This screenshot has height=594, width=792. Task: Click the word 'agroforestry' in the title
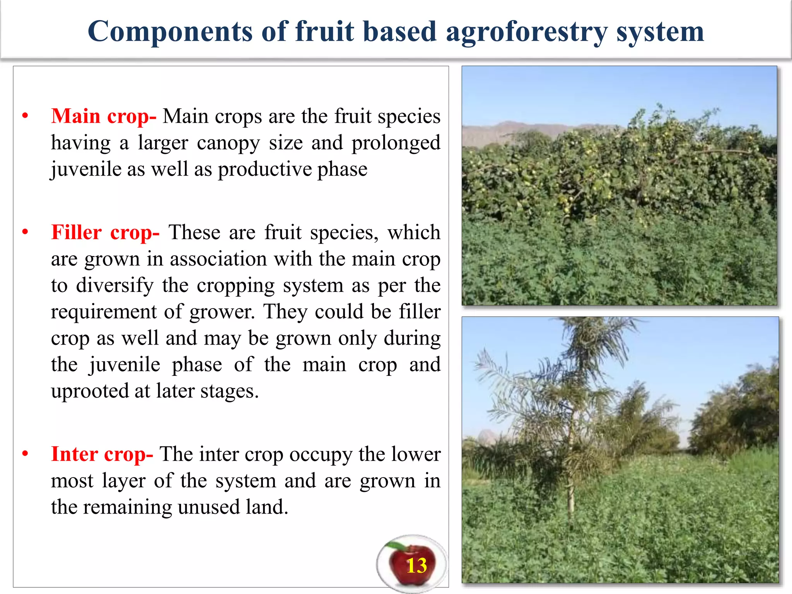pyautogui.click(x=526, y=32)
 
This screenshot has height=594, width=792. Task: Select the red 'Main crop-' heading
pyautogui.click(x=104, y=116)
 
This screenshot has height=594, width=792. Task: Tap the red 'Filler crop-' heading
pyautogui.click(x=105, y=232)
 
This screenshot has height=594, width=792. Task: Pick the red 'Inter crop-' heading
pyautogui.click(x=102, y=454)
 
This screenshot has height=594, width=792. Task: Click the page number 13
pyautogui.click(x=416, y=566)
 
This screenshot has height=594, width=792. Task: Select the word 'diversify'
pyautogui.click(x=114, y=285)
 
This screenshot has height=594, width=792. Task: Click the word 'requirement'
pyautogui.click(x=104, y=312)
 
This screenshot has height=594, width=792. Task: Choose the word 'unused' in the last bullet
pyautogui.click(x=205, y=507)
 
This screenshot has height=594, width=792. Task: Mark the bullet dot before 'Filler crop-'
pyautogui.click(x=25, y=232)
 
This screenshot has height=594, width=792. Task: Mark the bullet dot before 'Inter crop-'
pyautogui.click(x=25, y=454)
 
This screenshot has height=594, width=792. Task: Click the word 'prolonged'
pyautogui.click(x=396, y=143)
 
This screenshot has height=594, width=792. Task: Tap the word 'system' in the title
pyautogui.click(x=660, y=32)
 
